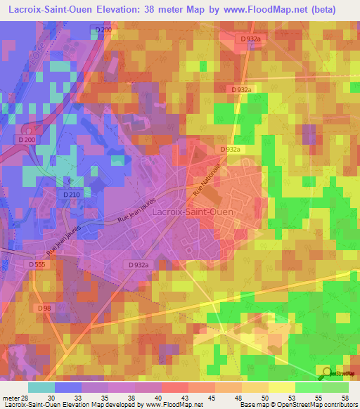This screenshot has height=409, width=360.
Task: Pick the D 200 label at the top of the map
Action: [103, 30]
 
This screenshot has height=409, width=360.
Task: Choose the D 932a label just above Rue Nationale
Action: [230, 150]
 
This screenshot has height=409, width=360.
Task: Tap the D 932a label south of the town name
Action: [139, 264]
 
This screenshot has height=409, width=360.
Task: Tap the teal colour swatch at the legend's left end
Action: [41, 387]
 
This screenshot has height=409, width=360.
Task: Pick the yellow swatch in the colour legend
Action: [281, 387]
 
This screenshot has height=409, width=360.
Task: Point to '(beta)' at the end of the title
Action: [321, 9]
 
